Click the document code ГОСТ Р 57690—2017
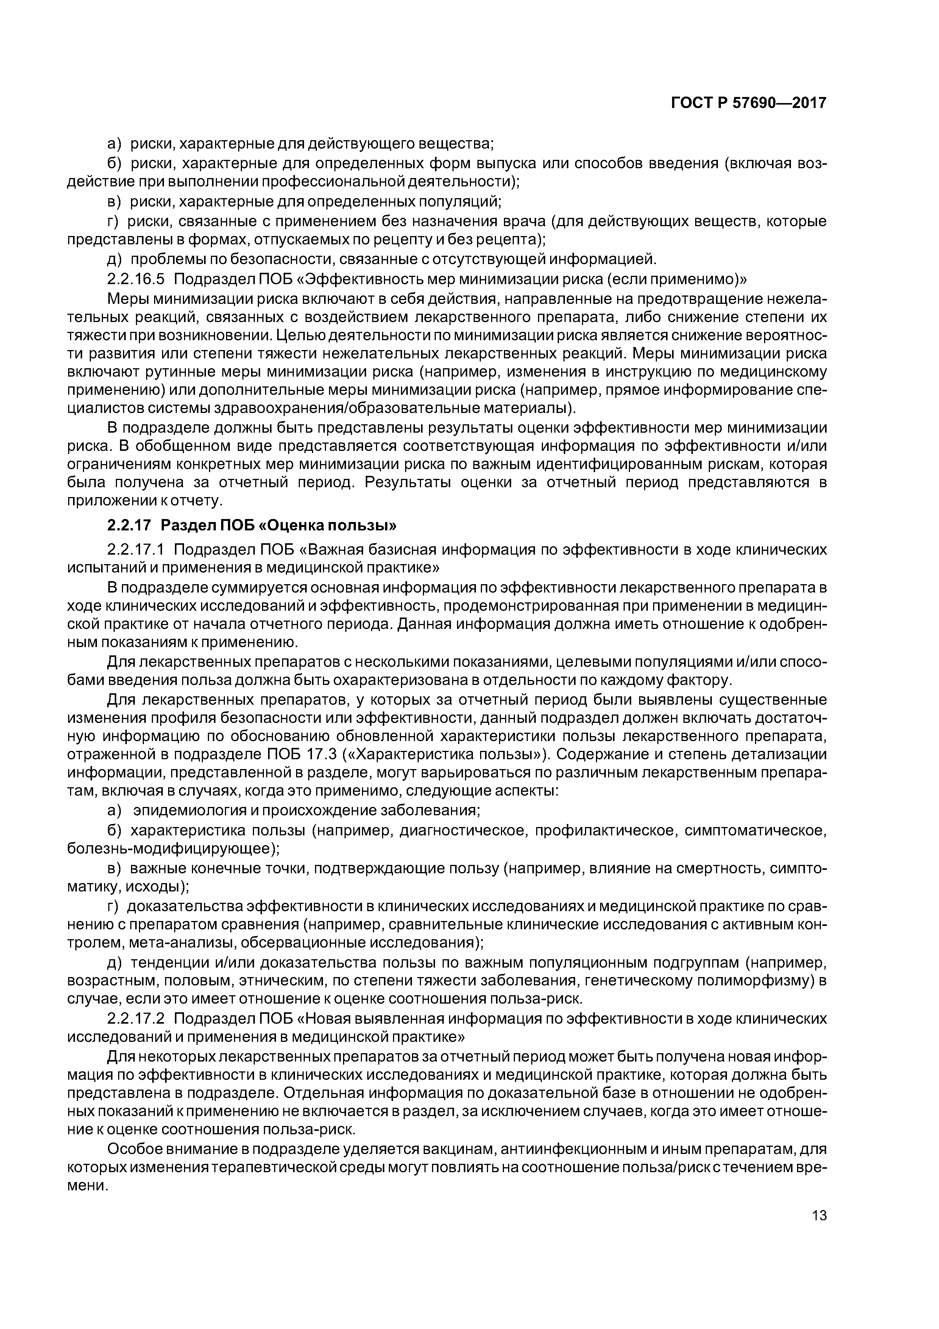[x=749, y=103]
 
